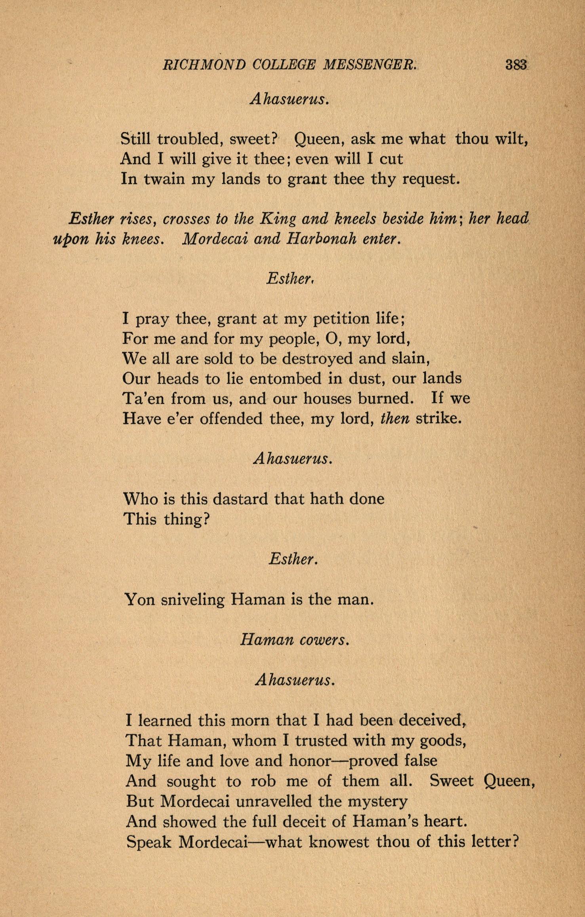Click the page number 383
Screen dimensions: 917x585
516,64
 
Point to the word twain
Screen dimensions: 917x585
164,179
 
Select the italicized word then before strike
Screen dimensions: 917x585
394,419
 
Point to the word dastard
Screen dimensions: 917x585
238,498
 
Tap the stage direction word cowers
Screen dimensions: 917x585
324,640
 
